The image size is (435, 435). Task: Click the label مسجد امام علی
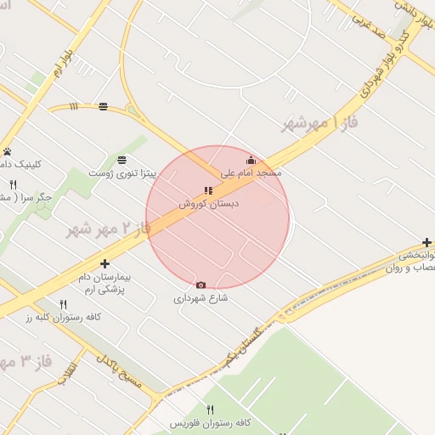251,172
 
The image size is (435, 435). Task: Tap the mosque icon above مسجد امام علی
251,160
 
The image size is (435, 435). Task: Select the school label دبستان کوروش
209,204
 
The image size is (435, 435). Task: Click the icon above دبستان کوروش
208,190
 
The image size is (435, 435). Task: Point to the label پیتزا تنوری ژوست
126,173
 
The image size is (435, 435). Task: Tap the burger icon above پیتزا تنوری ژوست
122,160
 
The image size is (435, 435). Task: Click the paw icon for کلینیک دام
7,151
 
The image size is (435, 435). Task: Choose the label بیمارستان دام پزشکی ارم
105,284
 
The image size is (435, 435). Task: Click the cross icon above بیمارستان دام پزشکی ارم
105,264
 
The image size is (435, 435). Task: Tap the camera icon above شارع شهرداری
201,285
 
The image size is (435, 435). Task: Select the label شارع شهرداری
201,298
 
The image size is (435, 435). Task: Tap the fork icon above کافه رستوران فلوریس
199,410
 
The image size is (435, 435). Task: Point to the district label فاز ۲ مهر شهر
107,229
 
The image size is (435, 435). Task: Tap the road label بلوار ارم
61,63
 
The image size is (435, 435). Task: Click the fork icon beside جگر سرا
13,184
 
